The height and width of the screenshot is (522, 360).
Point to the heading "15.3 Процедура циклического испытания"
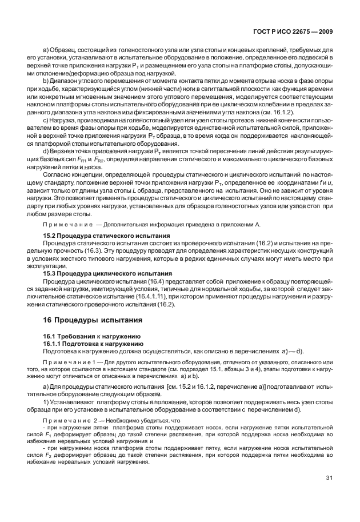click(100, 273)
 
